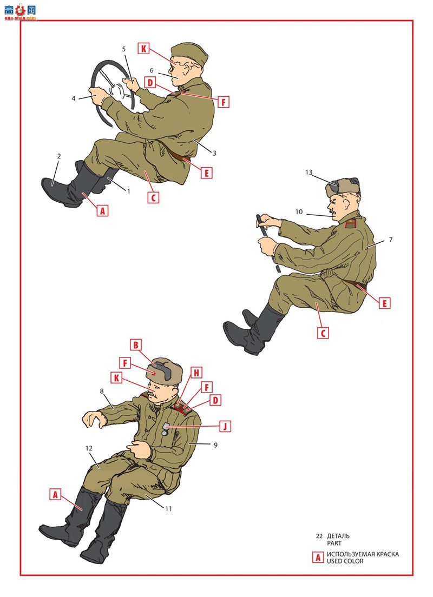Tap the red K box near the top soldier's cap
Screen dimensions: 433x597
click(x=143, y=48)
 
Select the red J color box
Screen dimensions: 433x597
click(x=225, y=427)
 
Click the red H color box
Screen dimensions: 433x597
click(x=196, y=373)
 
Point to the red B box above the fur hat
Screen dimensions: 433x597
click(x=136, y=346)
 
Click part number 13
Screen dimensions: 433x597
click(x=309, y=172)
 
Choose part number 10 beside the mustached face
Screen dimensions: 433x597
click(x=299, y=211)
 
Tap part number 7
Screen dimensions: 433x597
click(x=390, y=240)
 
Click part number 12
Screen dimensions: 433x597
click(x=89, y=448)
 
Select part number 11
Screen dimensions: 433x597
click(x=168, y=508)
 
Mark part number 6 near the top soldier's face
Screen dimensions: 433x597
click(x=152, y=70)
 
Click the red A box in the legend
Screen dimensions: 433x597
click(x=318, y=558)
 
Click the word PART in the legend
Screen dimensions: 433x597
click(x=334, y=543)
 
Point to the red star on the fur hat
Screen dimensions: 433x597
click(x=154, y=374)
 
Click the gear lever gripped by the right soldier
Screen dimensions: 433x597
click(x=267, y=242)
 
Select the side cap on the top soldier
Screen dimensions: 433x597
click(x=189, y=54)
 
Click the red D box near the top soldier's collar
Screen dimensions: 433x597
click(x=150, y=83)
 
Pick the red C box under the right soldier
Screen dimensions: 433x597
click(x=323, y=333)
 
